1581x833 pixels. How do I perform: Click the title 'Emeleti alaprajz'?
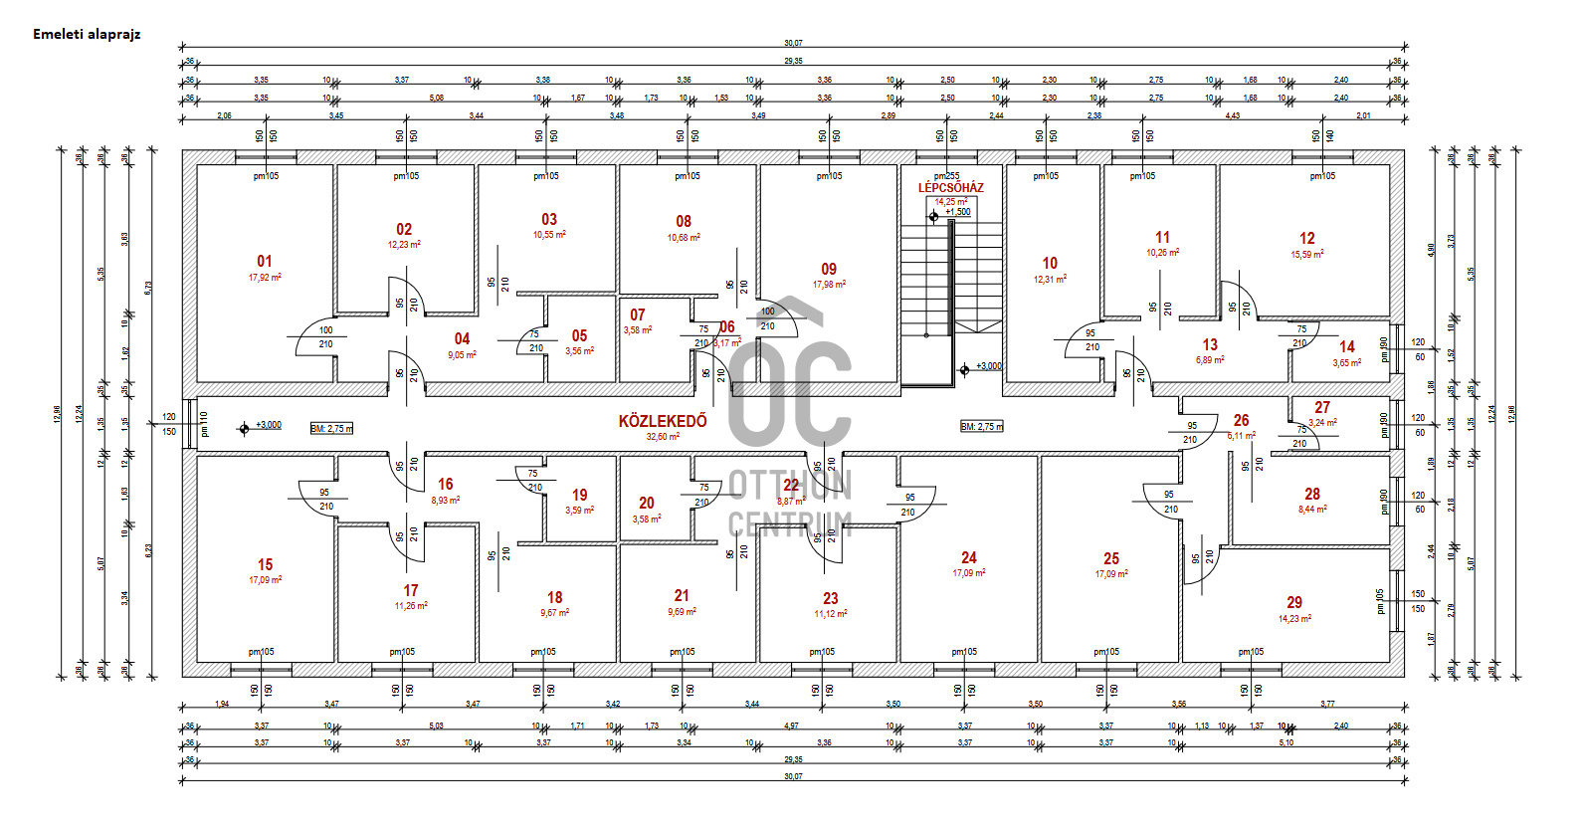[x=87, y=34]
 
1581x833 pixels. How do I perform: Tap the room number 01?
[x=264, y=261]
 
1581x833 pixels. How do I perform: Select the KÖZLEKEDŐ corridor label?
[x=663, y=421]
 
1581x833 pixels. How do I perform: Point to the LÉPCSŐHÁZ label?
[x=950, y=188]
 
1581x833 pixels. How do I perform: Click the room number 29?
[x=1293, y=602]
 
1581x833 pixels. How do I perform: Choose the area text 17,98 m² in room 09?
[x=829, y=285]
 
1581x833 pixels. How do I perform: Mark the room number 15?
[x=265, y=564]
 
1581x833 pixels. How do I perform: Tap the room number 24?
[x=968, y=557]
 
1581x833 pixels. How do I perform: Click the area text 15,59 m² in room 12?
[x=1307, y=255]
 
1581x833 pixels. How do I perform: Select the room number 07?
[x=638, y=314]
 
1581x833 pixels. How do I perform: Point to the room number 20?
[x=647, y=504]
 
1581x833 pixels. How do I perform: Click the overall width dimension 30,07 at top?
[x=793, y=43]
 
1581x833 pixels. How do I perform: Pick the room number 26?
[x=1241, y=420]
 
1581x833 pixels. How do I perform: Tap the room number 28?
[x=1312, y=494]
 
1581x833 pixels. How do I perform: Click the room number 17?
[x=411, y=590]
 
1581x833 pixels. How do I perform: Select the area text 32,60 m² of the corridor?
[x=663, y=437]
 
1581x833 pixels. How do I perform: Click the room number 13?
[x=1210, y=344]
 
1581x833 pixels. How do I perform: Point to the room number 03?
[x=549, y=219]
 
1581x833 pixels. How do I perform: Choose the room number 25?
[x=1111, y=558]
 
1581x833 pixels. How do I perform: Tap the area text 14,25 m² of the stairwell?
[x=950, y=202]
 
